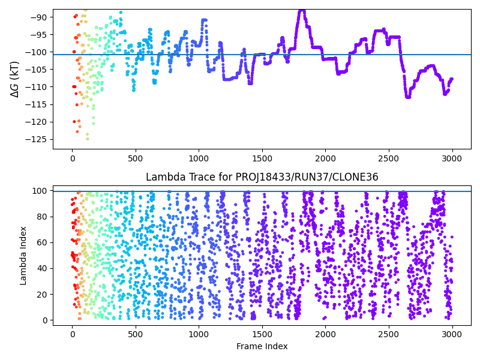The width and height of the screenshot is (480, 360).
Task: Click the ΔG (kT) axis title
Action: click(x=15, y=79)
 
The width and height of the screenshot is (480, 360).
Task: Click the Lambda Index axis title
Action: click(x=23, y=255)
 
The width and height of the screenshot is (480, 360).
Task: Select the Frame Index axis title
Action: click(x=262, y=346)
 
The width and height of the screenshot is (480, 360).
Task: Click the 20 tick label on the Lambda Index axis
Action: click(x=45, y=294)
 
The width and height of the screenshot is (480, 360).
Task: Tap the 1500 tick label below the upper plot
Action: click(x=262, y=159)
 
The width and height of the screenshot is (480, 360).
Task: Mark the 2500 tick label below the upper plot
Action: click(x=389, y=159)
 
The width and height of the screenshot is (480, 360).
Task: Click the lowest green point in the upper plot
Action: click(x=87, y=139)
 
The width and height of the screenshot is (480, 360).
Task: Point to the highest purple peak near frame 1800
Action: click(x=302, y=11)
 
